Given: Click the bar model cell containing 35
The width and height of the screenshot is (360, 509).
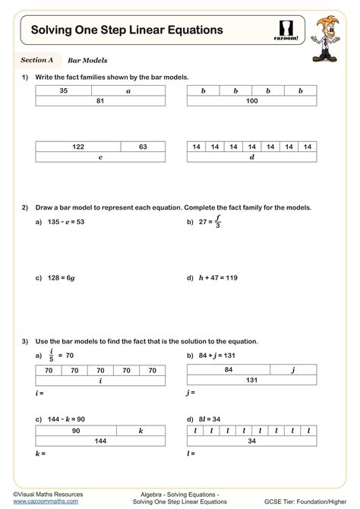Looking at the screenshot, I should (63, 90).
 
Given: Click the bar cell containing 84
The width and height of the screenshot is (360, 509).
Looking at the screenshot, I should (228, 370).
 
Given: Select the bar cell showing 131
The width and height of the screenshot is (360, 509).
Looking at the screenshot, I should (251, 381).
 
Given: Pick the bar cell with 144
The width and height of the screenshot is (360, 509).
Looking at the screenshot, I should (100, 440).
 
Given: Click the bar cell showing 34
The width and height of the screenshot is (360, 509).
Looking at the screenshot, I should (251, 440).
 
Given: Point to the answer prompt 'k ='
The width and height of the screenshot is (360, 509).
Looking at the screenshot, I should (40, 454).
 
